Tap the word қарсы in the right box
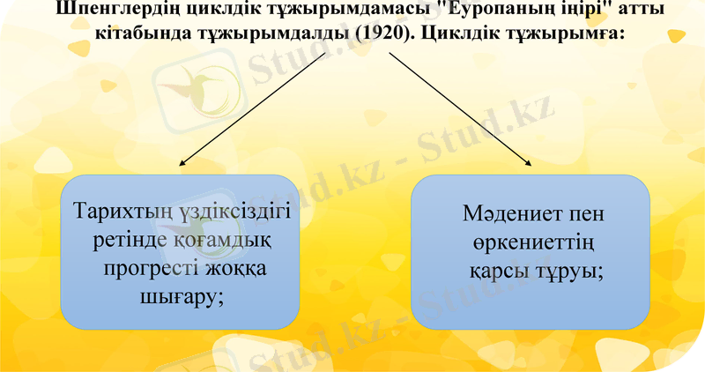[498, 270]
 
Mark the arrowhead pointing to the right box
[529, 162]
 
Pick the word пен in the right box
[586, 213]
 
